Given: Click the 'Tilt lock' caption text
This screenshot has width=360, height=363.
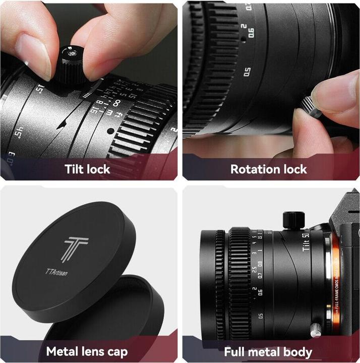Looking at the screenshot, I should pos(87,169).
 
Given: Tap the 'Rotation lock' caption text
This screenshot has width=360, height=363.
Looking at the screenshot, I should pos(268,169).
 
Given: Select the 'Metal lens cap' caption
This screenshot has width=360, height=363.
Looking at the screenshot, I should pos(87,351).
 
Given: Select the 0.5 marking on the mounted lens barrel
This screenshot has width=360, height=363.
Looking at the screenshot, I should pos(260,317).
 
